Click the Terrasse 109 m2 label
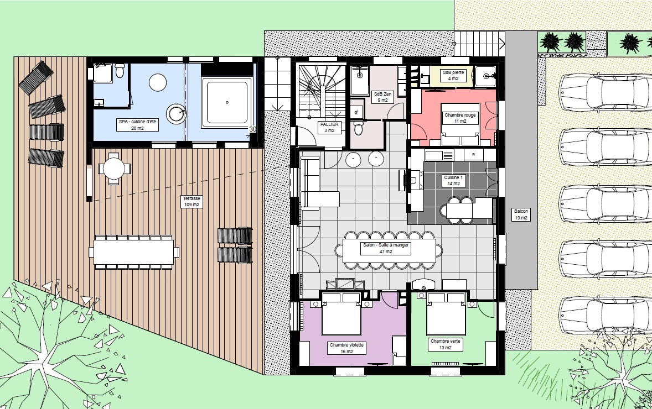coord(192,202)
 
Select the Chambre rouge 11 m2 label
coord(460,118)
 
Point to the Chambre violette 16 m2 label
coord(346,348)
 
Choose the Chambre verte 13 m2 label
coord(445,344)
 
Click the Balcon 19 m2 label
coord(521,214)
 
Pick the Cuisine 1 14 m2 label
coord(453,180)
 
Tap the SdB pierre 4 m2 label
coord(453,75)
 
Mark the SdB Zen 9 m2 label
coord(382,97)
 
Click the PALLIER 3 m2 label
coord(329,127)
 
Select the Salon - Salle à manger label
coord(386,248)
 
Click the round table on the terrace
coord(114,169)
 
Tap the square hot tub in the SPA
coord(227,102)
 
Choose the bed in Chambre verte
coord(446,313)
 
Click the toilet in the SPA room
coord(120,71)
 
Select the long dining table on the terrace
coord(133,252)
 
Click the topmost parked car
coord(605,92)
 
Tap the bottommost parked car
coord(605,315)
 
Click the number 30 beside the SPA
coord(252,129)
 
